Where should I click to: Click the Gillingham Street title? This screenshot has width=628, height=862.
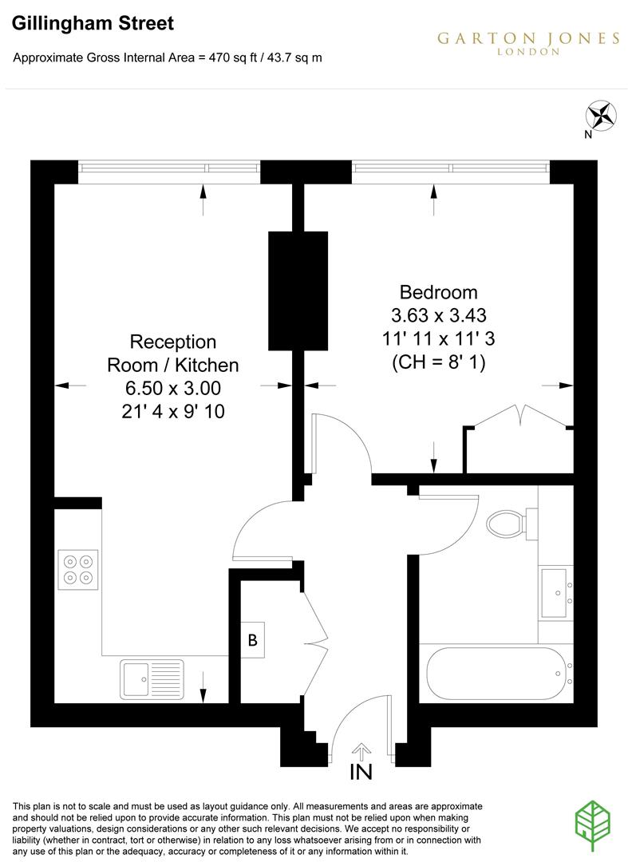(x=93, y=24)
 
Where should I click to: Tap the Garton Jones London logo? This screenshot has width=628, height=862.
(x=528, y=42)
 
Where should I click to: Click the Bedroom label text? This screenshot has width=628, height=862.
(x=438, y=292)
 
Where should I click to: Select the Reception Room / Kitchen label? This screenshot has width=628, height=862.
(x=173, y=354)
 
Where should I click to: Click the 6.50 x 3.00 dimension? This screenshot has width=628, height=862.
(x=173, y=389)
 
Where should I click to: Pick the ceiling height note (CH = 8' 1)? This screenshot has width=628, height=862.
(x=438, y=362)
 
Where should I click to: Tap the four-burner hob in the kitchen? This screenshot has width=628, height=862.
(x=78, y=568)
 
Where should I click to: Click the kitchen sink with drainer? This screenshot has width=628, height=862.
(x=152, y=678)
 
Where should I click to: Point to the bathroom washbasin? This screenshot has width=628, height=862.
(x=556, y=591)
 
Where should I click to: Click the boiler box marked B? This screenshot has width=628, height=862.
(x=253, y=639)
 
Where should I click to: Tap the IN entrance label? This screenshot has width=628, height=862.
(x=361, y=772)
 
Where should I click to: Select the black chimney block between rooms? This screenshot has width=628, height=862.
(x=298, y=290)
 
